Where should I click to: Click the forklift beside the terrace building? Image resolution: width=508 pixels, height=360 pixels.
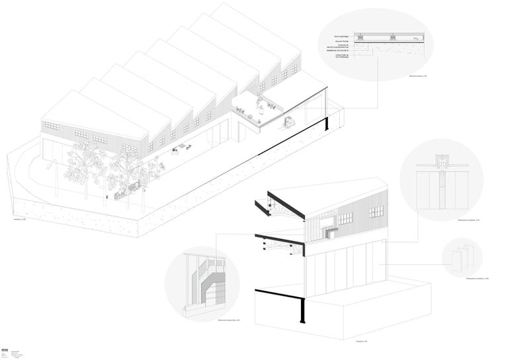point(289,122)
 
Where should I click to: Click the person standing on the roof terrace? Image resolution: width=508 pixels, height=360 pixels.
point(261,103)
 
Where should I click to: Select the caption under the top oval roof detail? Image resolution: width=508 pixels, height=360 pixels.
point(416,77)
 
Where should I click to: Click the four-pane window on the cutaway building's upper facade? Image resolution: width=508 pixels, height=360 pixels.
point(376,212)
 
